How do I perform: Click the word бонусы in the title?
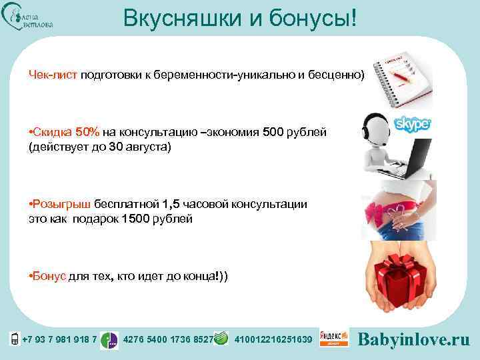click(x=303, y=18)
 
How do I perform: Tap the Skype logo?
click(x=413, y=124)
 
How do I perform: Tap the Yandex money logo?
click(x=334, y=339)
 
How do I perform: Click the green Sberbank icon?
click(x=225, y=339)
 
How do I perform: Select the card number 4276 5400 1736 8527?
click(x=168, y=340)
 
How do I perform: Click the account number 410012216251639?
click(x=273, y=340)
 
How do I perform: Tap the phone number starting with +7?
click(x=60, y=340)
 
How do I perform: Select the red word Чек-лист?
click(x=53, y=75)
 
